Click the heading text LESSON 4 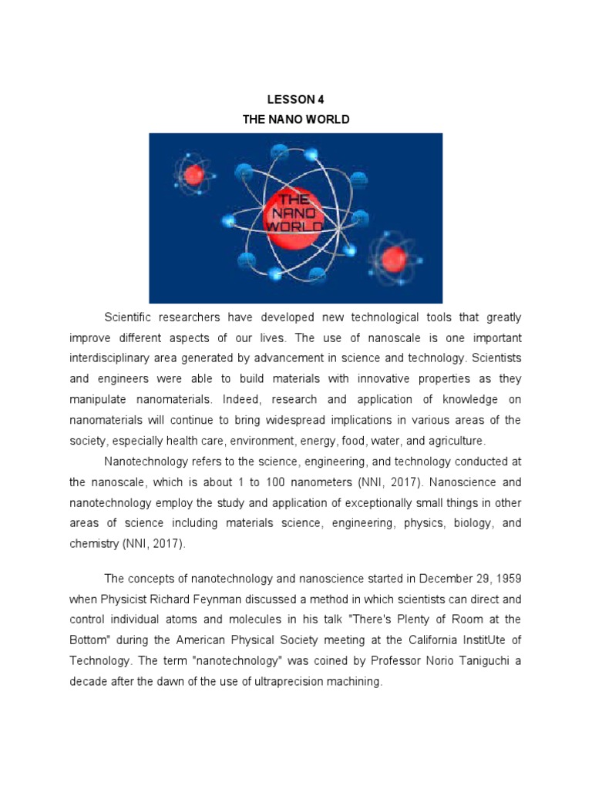(x=291, y=99)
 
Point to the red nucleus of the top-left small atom (x=193, y=175)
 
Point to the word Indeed (x=240, y=399)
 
